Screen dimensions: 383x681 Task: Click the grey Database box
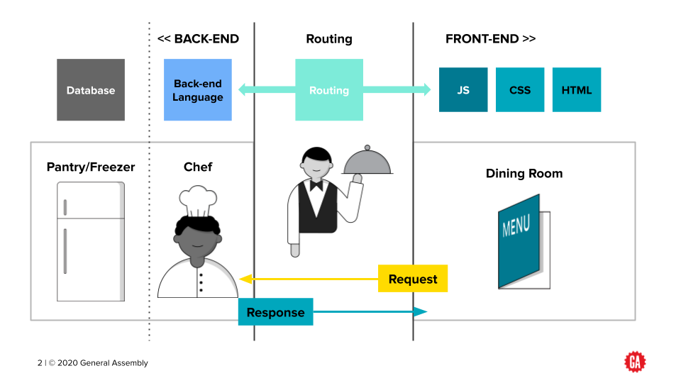click(x=91, y=90)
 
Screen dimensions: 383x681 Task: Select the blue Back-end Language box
click(x=197, y=90)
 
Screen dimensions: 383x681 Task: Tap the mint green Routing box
click(x=329, y=90)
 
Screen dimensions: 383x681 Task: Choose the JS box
click(x=463, y=90)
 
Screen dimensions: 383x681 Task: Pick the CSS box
click(x=520, y=90)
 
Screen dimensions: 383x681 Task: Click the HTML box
click(x=577, y=90)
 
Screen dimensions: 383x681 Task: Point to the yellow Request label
click(x=413, y=279)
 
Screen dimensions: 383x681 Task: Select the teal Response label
click(x=275, y=312)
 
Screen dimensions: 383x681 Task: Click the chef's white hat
click(x=198, y=202)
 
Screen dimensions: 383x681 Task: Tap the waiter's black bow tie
click(x=315, y=185)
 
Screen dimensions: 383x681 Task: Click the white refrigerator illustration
click(x=91, y=241)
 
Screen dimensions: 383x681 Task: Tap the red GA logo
click(x=634, y=362)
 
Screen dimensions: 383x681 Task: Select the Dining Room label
click(x=524, y=174)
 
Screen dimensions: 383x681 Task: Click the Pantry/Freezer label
click(x=91, y=167)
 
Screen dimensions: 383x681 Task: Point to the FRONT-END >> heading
click(x=490, y=39)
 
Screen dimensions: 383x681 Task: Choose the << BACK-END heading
click(x=198, y=39)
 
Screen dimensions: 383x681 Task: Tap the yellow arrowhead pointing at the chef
click(x=245, y=279)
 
